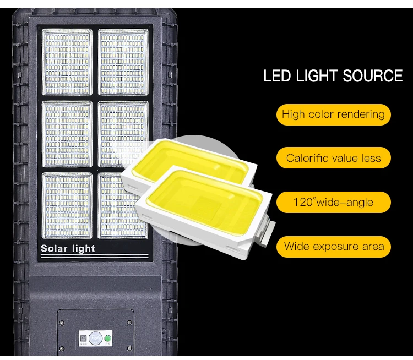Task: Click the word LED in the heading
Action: (x=278, y=75)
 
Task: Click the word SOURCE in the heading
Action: (x=373, y=75)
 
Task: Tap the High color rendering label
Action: (x=333, y=114)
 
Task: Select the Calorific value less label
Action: (x=333, y=159)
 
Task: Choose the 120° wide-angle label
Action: (x=333, y=202)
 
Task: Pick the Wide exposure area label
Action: (x=334, y=246)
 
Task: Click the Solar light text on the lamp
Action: (x=68, y=249)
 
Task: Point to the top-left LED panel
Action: (x=67, y=62)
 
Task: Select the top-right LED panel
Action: (x=123, y=62)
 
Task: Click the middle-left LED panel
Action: (x=67, y=134)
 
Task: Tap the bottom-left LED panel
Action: (x=67, y=205)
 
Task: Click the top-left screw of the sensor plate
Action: (x=62, y=314)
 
